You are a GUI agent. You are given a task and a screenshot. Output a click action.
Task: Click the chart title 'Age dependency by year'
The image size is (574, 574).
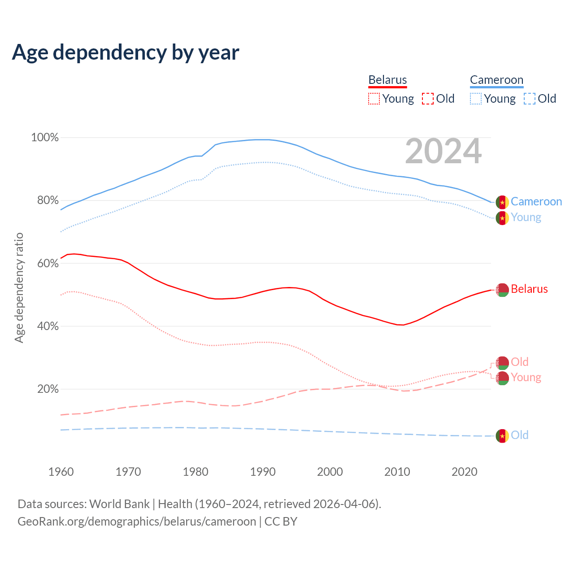click(126, 52)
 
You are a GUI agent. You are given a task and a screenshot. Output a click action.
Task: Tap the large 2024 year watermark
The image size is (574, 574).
click(443, 152)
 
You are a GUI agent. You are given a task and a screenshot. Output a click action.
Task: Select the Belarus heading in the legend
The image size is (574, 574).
click(387, 80)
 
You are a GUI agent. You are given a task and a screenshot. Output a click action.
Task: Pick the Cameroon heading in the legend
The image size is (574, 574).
click(496, 80)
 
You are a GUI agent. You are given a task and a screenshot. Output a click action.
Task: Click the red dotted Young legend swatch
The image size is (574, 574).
click(374, 99)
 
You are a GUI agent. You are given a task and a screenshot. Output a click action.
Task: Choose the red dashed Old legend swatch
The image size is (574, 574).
click(427, 99)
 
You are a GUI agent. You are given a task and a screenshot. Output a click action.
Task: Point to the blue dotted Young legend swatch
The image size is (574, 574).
click(475, 99)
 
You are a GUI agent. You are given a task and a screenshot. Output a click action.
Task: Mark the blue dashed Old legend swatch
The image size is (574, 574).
click(529, 99)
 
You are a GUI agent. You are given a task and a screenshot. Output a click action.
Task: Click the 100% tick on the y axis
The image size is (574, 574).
click(45, 138)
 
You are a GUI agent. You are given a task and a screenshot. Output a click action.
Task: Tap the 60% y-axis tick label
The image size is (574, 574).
click(48, 263)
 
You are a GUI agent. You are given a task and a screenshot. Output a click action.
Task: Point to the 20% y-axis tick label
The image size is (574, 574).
click(48, 389)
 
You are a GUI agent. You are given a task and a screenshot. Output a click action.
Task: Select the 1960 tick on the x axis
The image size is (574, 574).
click(61, 472)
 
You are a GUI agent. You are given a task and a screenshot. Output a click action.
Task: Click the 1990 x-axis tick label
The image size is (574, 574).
click(263, 472)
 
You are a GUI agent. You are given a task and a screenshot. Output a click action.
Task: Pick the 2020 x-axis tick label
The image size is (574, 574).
click(465, 472)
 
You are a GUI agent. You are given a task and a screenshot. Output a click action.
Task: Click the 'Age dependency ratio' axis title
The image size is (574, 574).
click(19, 287)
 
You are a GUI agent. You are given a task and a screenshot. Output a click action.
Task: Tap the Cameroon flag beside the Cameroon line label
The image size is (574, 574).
click(502, 202)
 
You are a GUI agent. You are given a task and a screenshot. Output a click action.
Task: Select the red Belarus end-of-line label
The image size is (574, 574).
click(529, 289)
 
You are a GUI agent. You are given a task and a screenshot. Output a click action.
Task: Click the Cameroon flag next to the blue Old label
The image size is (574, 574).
click(502, 435)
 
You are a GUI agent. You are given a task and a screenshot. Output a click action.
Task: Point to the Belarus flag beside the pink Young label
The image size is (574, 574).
click(502, 378)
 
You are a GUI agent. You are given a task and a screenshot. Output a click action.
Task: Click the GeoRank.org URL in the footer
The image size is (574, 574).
click(137, 522)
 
